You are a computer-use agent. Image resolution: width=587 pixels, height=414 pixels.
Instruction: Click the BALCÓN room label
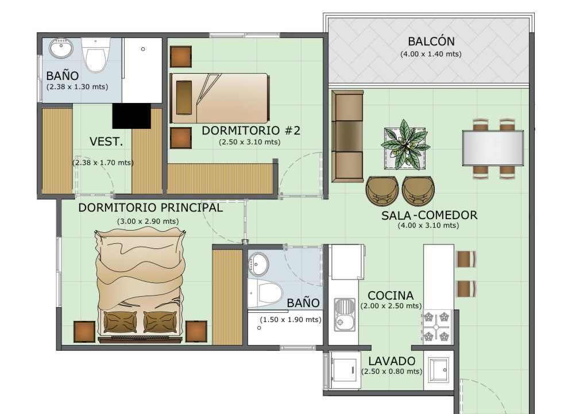point(431,41)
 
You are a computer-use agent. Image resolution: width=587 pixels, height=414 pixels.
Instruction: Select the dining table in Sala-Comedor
point(493,148)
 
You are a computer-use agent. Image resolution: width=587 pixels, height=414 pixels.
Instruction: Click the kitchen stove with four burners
point(437,327)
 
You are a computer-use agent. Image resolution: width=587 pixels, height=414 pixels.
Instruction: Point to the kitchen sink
point(345,315)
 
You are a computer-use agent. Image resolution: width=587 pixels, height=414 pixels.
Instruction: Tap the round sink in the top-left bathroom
point(61,49)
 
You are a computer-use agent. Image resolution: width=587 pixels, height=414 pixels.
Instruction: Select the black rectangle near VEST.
point(132,116)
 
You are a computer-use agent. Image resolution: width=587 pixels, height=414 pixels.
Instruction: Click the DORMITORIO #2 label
point(251,131)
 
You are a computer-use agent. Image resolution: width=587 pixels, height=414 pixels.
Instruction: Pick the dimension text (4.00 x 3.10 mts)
point(428,225)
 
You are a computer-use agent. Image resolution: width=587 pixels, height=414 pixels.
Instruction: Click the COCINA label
point(391,296)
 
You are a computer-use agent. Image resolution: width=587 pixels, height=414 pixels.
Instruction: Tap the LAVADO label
point(392,361)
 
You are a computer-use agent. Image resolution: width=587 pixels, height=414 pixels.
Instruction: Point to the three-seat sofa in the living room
point(347,136)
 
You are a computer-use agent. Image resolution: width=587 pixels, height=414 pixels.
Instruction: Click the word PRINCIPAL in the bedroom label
point(191,207)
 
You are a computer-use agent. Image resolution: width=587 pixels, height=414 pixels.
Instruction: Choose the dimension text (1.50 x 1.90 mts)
point(291,320)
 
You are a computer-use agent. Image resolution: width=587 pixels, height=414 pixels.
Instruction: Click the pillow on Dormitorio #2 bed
point(184,97)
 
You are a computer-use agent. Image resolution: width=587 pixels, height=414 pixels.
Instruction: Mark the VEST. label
point(106,141)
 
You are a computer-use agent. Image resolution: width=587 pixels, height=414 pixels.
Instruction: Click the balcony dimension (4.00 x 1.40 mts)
point(431,54)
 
